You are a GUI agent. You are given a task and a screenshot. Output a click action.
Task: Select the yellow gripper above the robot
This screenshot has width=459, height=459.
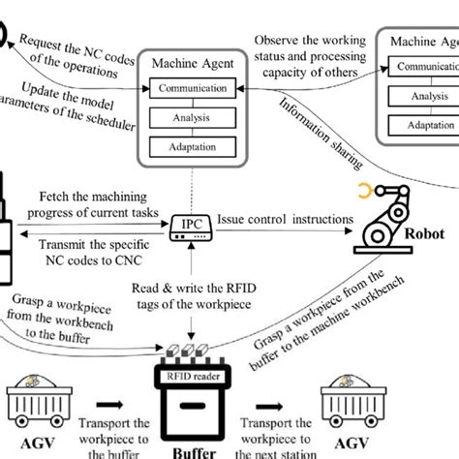(364, 191)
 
